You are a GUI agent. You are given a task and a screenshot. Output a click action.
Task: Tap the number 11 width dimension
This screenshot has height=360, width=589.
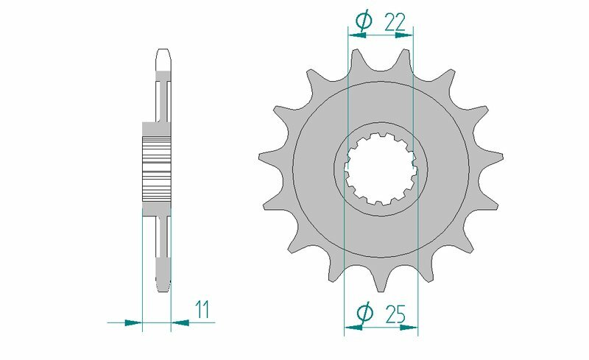202,309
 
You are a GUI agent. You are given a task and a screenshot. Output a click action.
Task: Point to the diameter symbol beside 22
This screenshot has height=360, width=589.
363,23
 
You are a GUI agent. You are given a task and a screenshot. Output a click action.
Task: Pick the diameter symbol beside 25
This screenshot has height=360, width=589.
363,314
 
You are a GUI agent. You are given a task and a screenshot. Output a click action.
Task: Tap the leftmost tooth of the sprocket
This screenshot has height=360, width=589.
266,156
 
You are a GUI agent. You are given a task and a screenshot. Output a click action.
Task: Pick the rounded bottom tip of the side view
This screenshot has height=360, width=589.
163,285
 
